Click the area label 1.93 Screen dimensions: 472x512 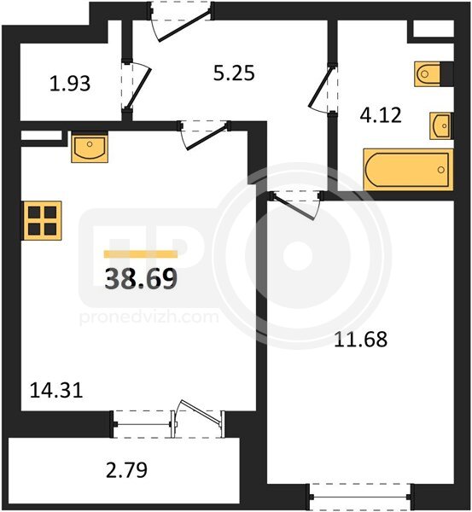tap(70, 84)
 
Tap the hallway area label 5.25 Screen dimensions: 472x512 tap(234, 73)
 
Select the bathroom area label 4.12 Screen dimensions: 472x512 tap(381, 115)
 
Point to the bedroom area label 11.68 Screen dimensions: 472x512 tap(360, 339)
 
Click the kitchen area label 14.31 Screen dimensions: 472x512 tap(56, 390)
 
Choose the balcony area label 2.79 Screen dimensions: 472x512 tap(126, 470)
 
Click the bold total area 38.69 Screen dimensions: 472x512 tap(141, 279)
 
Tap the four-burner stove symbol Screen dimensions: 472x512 tap(42, 221)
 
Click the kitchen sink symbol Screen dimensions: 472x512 tap(90, 148)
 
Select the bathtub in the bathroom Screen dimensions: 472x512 tap(408, 170)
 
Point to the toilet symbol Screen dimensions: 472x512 tap(434, 74)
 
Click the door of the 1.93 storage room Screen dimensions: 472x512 tap(137, 86)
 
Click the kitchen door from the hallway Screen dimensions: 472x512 tap(205, 136)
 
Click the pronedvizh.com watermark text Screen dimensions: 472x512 tap(149, 317)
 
